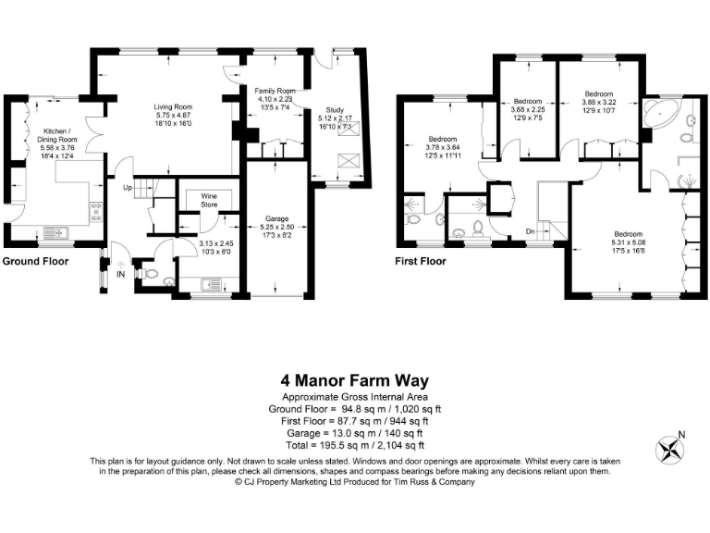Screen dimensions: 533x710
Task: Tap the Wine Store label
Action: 197,201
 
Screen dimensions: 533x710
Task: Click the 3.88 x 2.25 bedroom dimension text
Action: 528,108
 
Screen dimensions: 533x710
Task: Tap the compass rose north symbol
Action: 667,450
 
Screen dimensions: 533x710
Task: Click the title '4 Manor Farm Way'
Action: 355,380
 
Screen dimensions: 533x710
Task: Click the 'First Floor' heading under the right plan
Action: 421,262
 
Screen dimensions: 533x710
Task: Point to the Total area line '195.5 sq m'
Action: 355,443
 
